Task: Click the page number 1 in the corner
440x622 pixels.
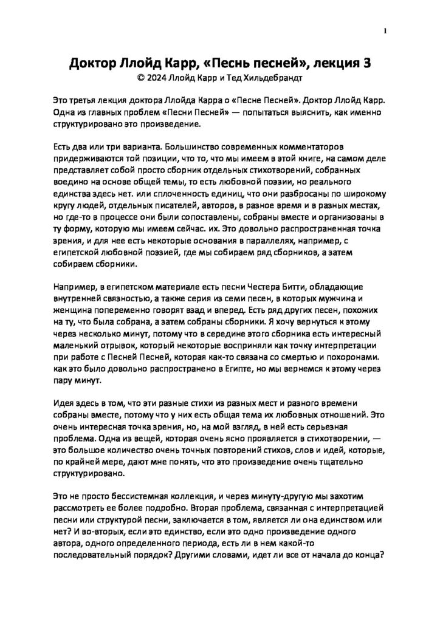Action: tap(385, 32)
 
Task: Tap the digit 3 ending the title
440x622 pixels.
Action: tap(366, 63)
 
